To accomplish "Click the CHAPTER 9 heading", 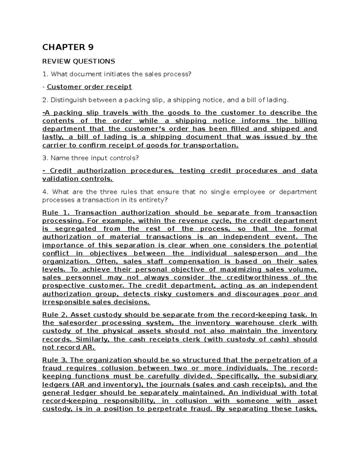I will coord(68,47).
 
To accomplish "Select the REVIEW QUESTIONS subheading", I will coord(79,62).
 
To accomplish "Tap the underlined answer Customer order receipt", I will coord(89,87).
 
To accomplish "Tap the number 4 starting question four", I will coord(44,192).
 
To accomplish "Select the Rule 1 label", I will coord(55,213).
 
